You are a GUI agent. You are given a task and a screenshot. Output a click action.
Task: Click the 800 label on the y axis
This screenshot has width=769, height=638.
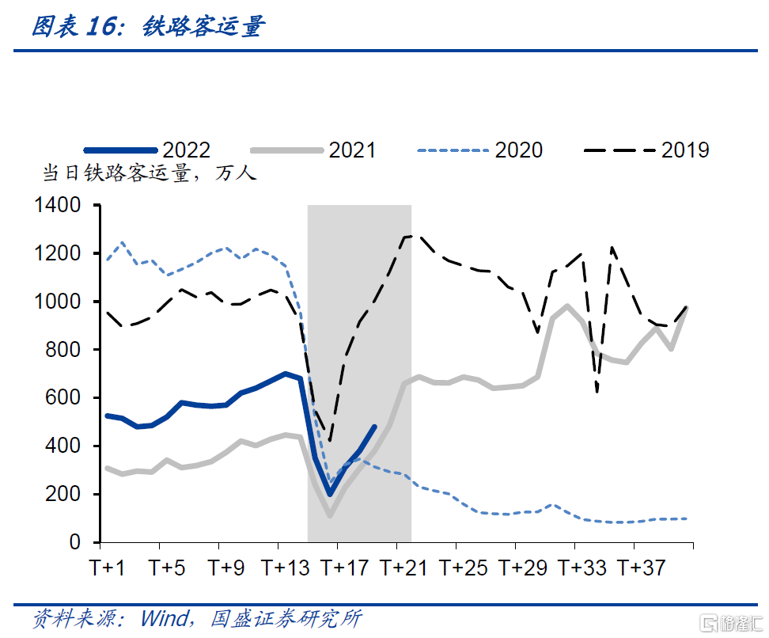click(65, 350)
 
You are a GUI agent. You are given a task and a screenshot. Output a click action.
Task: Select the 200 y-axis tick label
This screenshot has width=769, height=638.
click(65, 494)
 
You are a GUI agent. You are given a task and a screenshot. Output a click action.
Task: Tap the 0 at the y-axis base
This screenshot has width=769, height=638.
click(75, 543)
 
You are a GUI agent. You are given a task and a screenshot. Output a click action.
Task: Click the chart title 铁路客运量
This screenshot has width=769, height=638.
click(204, 27)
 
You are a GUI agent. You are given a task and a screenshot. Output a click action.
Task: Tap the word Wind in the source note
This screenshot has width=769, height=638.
click(164, 617)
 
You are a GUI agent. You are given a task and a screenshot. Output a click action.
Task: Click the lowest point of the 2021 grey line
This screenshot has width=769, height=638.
click(329, 515)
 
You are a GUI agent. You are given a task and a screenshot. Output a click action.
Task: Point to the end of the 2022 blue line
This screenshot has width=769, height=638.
click(374, 427)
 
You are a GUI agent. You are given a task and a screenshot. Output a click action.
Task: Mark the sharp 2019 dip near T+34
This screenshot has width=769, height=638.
click(597, 391)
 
